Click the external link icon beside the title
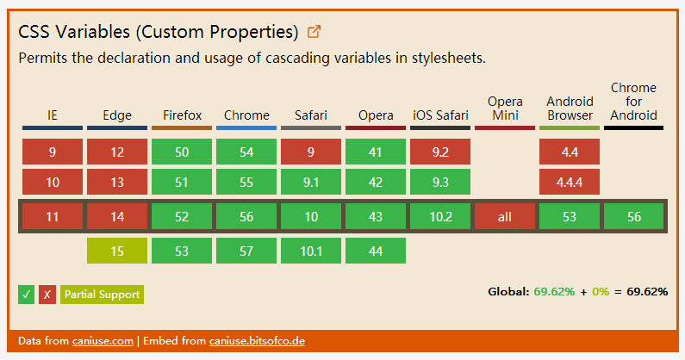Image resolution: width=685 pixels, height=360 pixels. [x=314, y=32]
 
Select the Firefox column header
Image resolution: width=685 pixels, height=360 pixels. [x=182, y=115]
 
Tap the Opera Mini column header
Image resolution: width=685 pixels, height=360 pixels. [x=505, y=109]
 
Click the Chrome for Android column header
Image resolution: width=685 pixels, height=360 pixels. [x=633, y=102]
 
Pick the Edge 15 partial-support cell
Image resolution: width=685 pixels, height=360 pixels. [x=117, y=251]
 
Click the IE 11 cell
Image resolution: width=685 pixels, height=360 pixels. [x=53, y=217]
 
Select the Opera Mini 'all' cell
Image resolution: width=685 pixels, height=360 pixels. [x=505, y=217]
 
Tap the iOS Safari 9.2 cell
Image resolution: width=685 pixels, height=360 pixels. [x=440, y=152]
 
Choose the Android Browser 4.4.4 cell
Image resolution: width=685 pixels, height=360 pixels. [x=570, y=182]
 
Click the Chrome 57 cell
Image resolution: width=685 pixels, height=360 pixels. [x=246, y=251]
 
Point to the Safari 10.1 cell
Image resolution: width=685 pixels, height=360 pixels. [x=311, y=251]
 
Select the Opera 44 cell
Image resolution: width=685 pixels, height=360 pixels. [x=376, y=251]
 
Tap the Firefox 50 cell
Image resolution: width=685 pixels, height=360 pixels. [x=182, y=152]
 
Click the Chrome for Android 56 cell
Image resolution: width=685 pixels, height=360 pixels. [x=634, y=217]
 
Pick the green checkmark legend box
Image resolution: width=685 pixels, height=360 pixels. [x=26, y=295]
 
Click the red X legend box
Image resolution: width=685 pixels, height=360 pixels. [x=47, y=295]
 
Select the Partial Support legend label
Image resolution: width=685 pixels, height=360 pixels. [x=103, y=295]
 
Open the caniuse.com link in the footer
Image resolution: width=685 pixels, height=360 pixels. [x=103, y=341]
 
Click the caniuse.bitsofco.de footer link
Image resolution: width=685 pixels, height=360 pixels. [x=257, y=341]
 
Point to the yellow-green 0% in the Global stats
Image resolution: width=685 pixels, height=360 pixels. [x=601, y=291]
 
